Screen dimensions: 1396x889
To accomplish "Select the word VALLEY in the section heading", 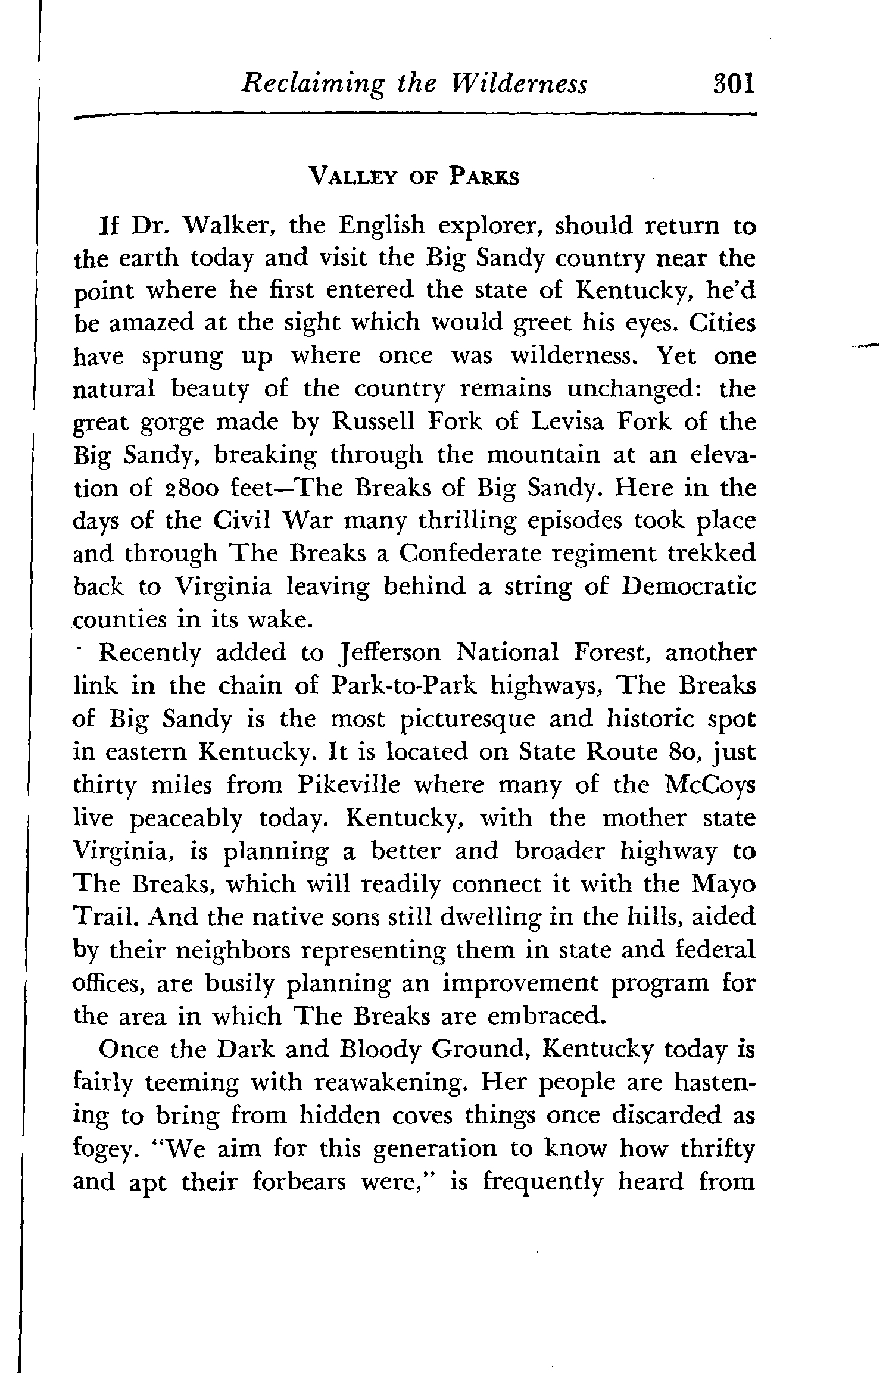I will pyautogui.click(x=351, y=177).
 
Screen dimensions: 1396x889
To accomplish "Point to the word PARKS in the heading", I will pyautogui.click(x=484, y=177).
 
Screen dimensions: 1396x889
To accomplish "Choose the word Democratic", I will pyautogui.click(x=688, y=586).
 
